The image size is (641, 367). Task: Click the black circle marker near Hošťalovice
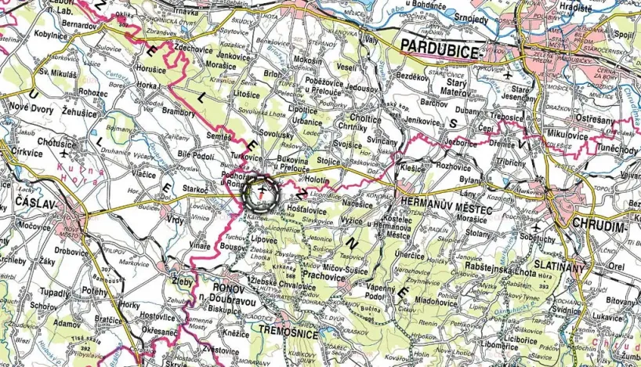click(263, 192)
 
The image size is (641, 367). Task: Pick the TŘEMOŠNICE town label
click(289, 334)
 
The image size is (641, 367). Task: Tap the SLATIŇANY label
click(560, 267)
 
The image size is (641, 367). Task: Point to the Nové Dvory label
click(31, 111)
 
